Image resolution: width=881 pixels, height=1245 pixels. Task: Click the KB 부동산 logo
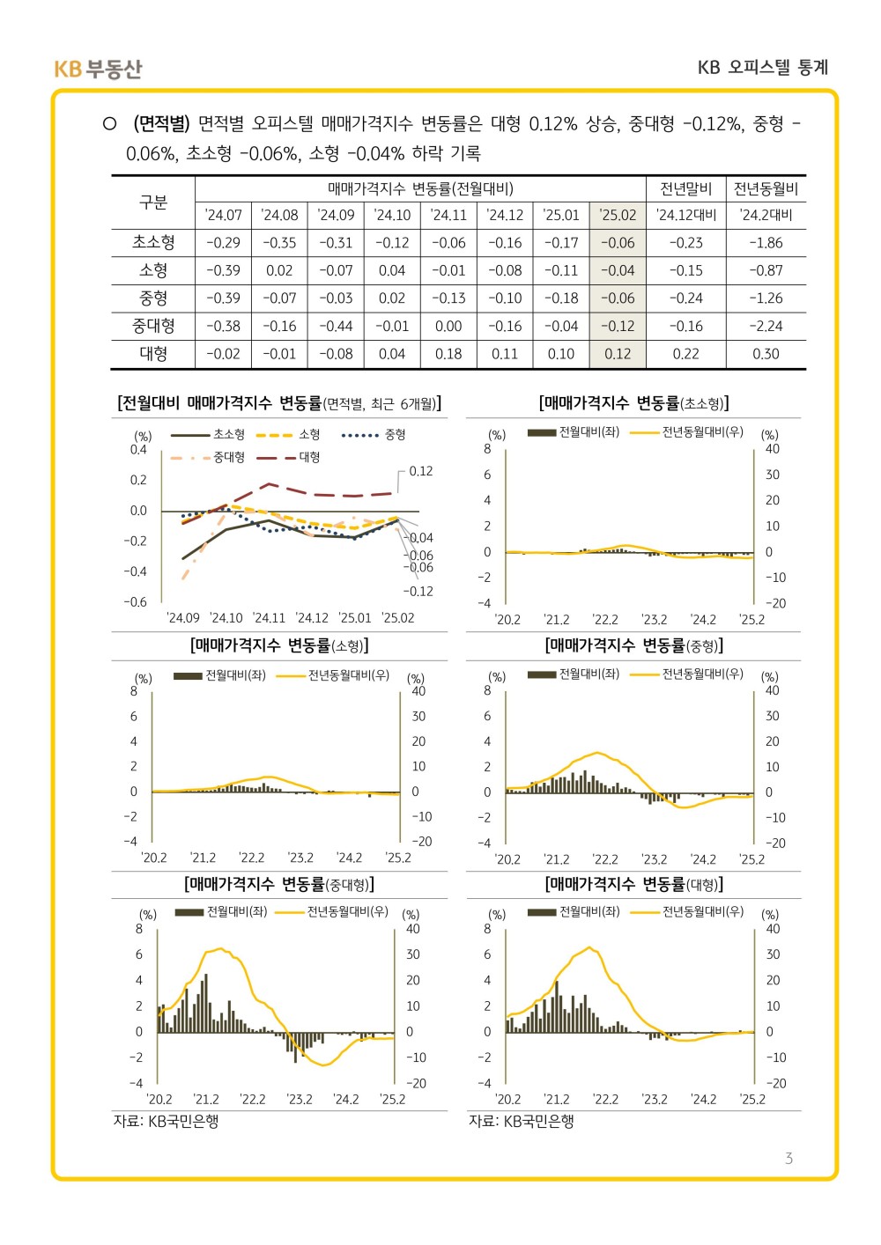98,69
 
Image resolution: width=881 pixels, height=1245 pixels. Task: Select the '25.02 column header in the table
618,215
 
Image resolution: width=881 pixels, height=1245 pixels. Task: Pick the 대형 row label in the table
153,354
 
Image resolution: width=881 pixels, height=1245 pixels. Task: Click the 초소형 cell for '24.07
223,243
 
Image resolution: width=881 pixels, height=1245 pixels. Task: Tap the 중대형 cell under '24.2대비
766,327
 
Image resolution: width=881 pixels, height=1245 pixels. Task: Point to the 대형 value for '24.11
448,354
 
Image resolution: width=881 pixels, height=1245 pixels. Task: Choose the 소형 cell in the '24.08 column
279,270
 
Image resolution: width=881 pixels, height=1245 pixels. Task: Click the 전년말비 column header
685,189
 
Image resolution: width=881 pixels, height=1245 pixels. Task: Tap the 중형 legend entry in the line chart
374,435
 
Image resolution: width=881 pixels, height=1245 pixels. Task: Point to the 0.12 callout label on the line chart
420,471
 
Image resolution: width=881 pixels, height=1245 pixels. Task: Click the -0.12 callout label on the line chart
418,592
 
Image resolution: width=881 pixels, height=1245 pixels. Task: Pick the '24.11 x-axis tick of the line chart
269,618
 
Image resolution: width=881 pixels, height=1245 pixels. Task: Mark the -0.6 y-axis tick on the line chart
135,602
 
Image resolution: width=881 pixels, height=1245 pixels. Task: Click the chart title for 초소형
633,403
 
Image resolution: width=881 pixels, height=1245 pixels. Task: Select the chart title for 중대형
279,884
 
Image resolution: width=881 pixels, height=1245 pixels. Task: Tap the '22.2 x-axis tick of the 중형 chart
605,859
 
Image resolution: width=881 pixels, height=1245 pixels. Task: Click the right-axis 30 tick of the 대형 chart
773,954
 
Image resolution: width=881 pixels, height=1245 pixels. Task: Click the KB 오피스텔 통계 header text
763,68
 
